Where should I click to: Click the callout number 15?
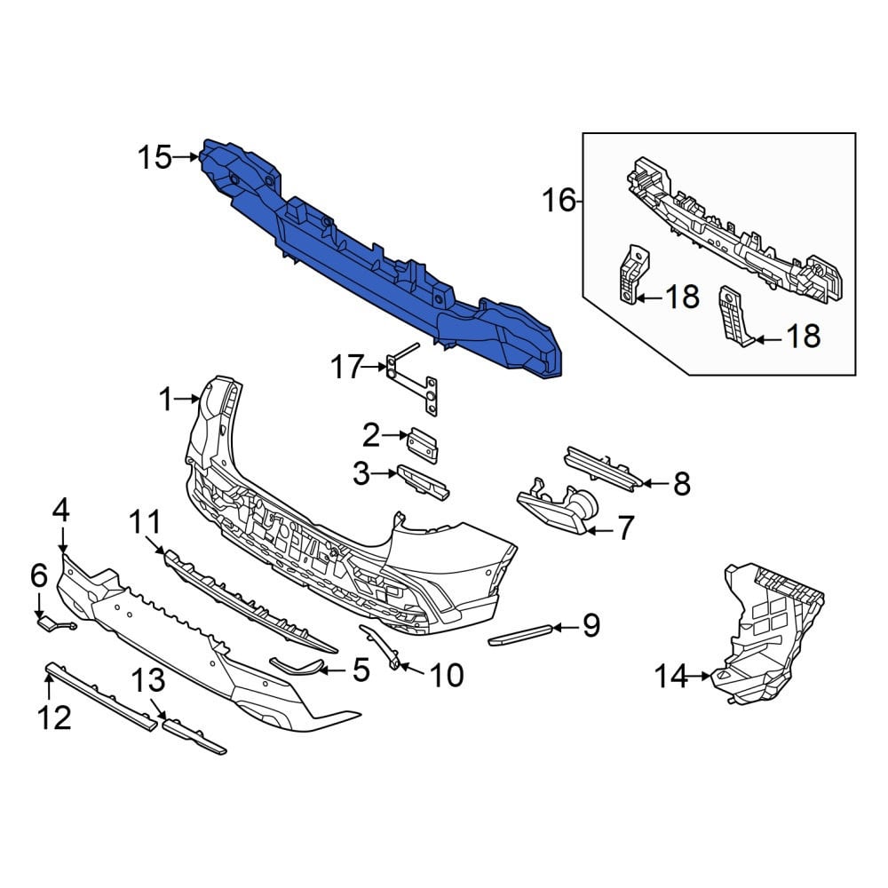click(x=155, y=157)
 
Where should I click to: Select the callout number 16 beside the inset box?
click(x=559, y=200)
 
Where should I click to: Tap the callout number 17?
click(x=346, y=367)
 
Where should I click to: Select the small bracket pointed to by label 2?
click(x=423, y=446)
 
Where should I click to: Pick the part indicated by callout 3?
click(x=424, y=482)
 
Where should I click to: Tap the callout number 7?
click(x=624, y=527)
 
